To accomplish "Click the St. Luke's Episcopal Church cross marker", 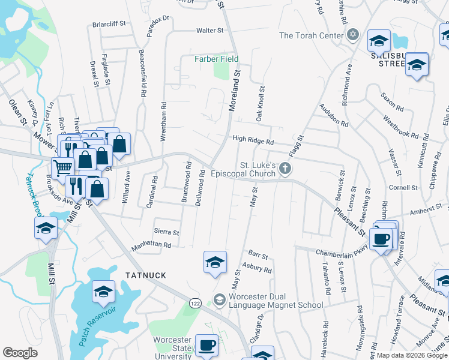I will [x=286, y=169].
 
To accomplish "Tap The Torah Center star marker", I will [x=354, y=35].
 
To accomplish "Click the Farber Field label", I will [x=216, y=59].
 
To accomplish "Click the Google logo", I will [x=20, y=353].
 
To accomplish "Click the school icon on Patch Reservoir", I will [x=103, y=292].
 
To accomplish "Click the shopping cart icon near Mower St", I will [x=62, y=167].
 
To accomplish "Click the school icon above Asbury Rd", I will [x=215, y=262].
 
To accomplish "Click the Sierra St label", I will [x=166, y=232].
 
